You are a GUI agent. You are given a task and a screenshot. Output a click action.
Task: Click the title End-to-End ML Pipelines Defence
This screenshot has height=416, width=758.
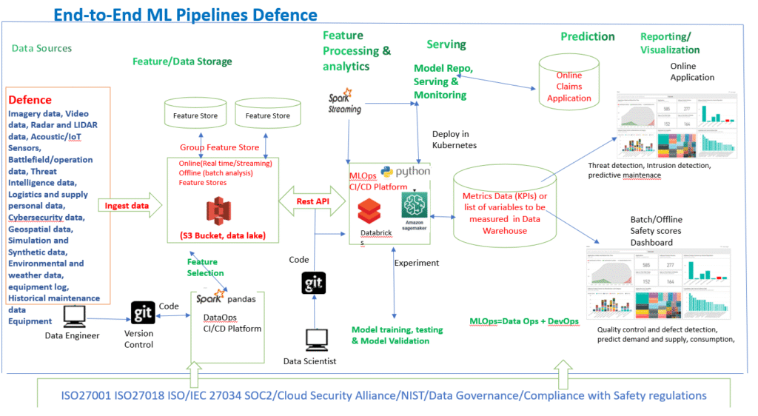click(186, 14)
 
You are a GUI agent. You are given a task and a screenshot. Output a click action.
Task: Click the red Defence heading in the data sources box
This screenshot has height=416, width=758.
click(30, 100)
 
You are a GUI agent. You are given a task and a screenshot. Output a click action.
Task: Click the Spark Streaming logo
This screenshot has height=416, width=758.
click(345, 102)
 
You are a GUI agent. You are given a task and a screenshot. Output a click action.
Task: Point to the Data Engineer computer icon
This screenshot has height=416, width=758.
click(73, 316)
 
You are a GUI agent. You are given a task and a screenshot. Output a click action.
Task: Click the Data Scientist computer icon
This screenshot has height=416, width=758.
click(317, 341)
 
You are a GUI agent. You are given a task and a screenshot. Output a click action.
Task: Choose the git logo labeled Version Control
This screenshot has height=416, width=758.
click(141, 314)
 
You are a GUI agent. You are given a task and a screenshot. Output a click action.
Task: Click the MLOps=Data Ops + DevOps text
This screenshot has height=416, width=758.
click(524, 321)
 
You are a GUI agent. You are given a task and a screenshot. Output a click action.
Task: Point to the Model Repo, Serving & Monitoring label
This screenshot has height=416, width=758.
click(443, 81)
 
